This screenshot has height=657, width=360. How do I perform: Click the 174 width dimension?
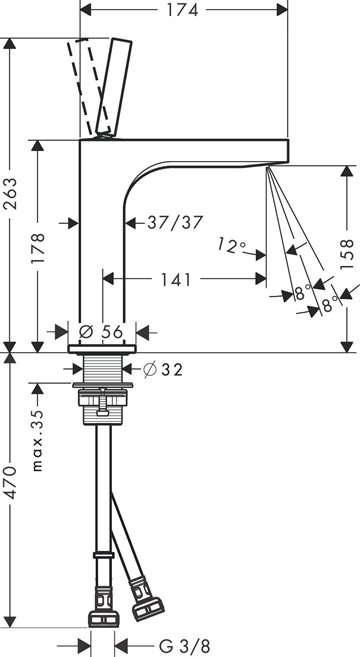click(183, 10)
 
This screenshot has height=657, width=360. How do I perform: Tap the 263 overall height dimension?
click(10, 194)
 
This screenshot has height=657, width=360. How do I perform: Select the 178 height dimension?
click(38, 248)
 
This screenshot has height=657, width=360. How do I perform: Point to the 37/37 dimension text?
click(175, 222)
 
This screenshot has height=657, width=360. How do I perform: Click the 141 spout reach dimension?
click(176, 279)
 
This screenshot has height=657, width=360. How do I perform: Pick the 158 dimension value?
click(347, 254)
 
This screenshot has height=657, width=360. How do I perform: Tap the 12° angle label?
click(230, 246)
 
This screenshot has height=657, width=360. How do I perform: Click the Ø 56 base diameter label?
click(101, 332)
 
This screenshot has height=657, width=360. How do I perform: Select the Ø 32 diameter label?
click(163, 369)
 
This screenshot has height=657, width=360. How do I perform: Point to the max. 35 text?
click(38, 440)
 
